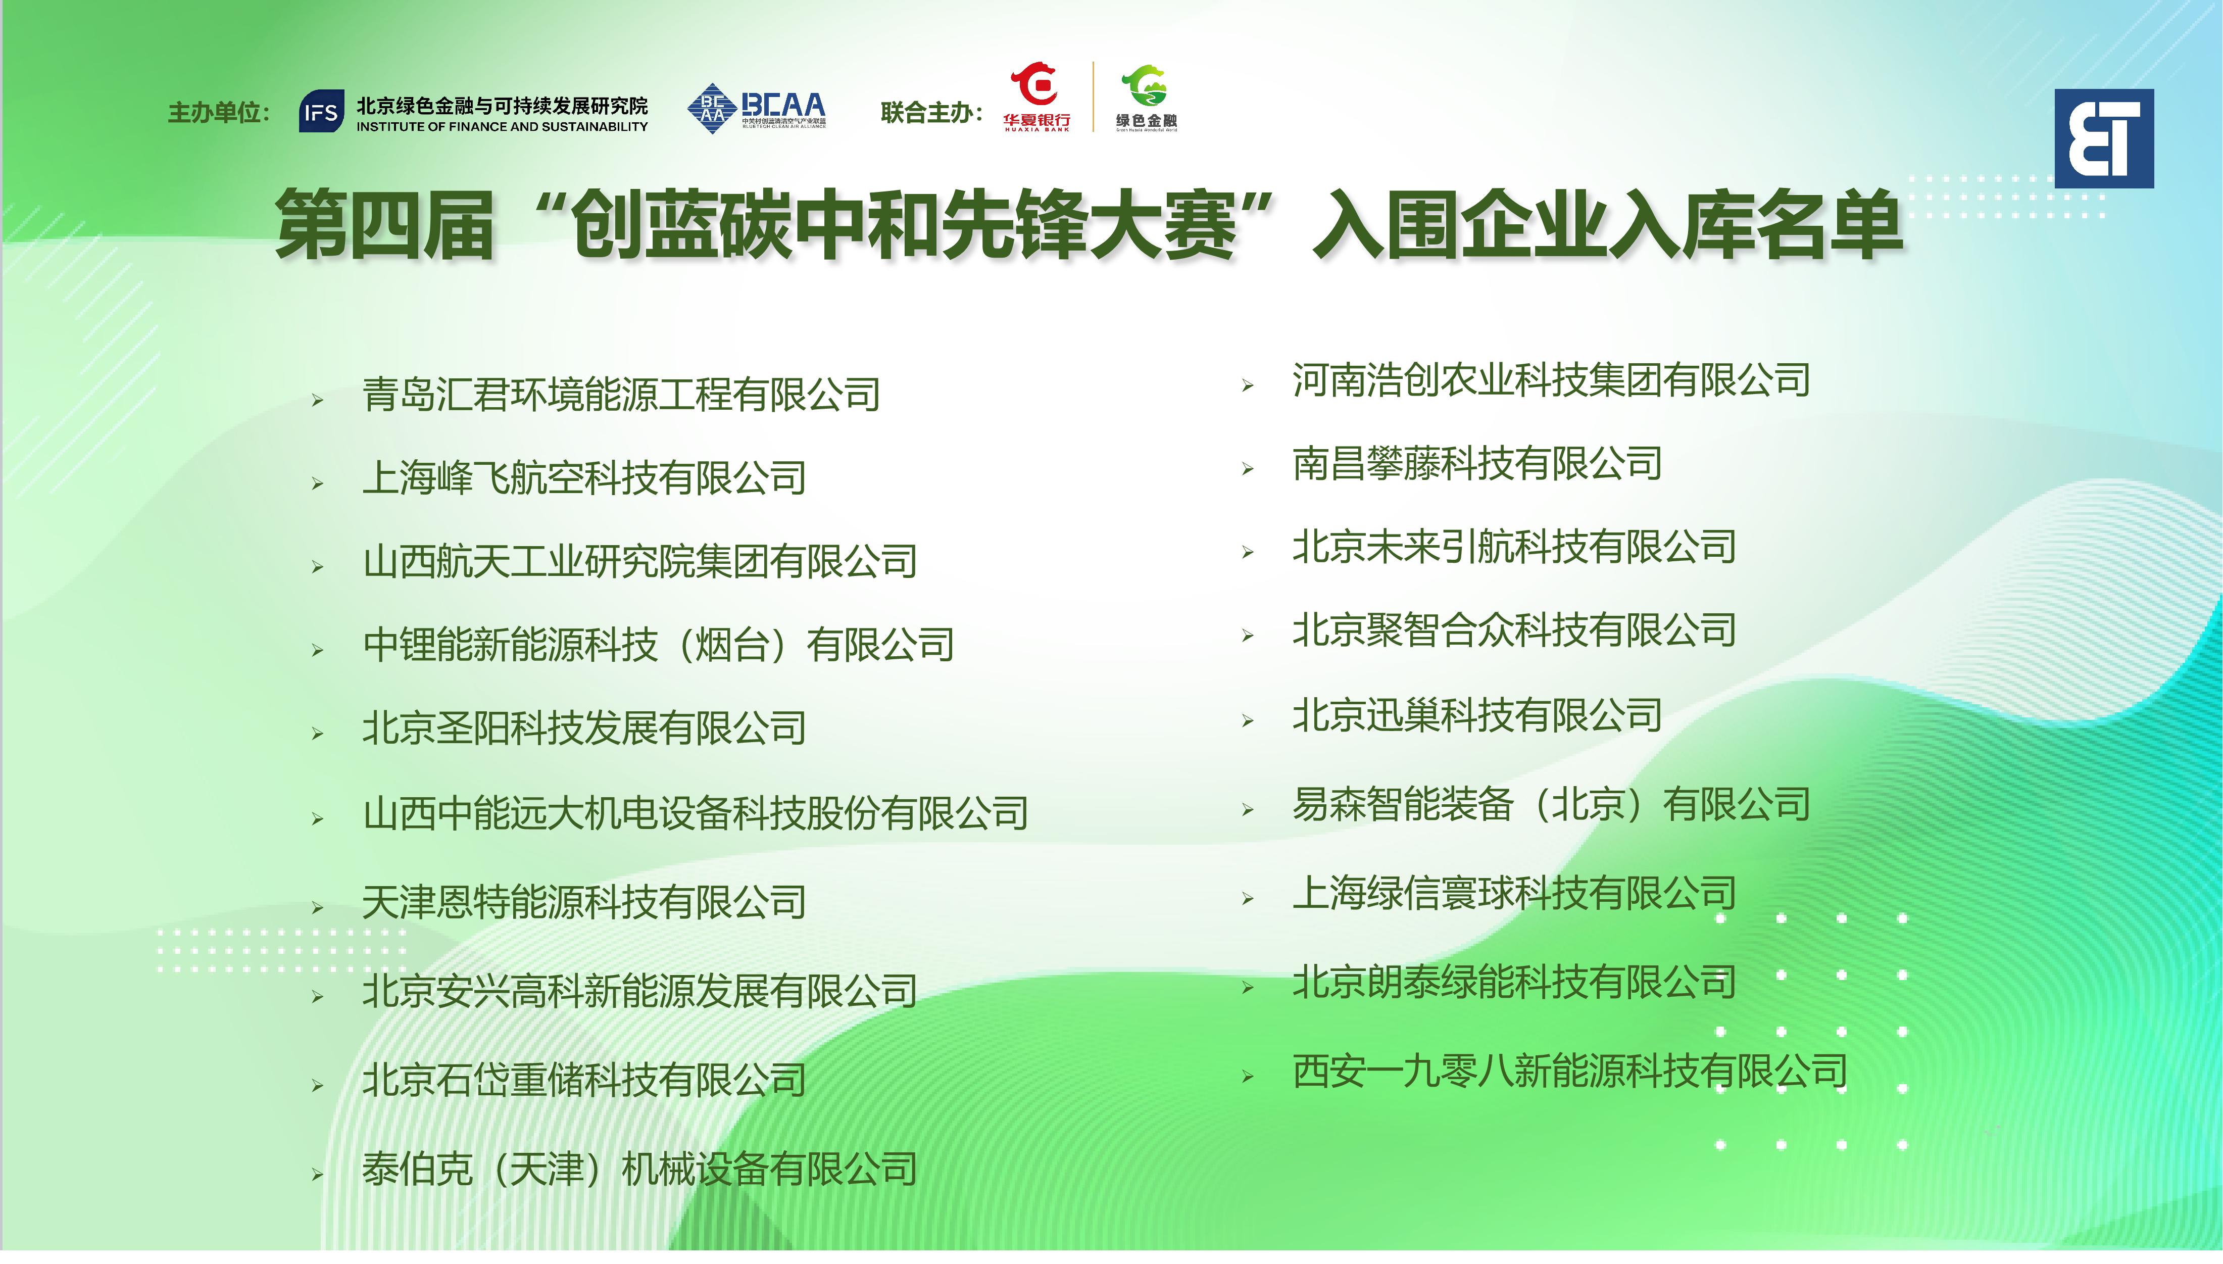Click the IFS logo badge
click(321, 112)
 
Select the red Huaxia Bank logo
click(1036, 96)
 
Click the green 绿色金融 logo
click(1146, 98)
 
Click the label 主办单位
click(218, 113)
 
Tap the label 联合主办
click(930, 113)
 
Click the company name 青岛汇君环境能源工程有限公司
click(621, 395)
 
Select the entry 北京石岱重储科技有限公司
click(584, 1081)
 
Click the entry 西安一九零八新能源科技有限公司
click(1569, 1072)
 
